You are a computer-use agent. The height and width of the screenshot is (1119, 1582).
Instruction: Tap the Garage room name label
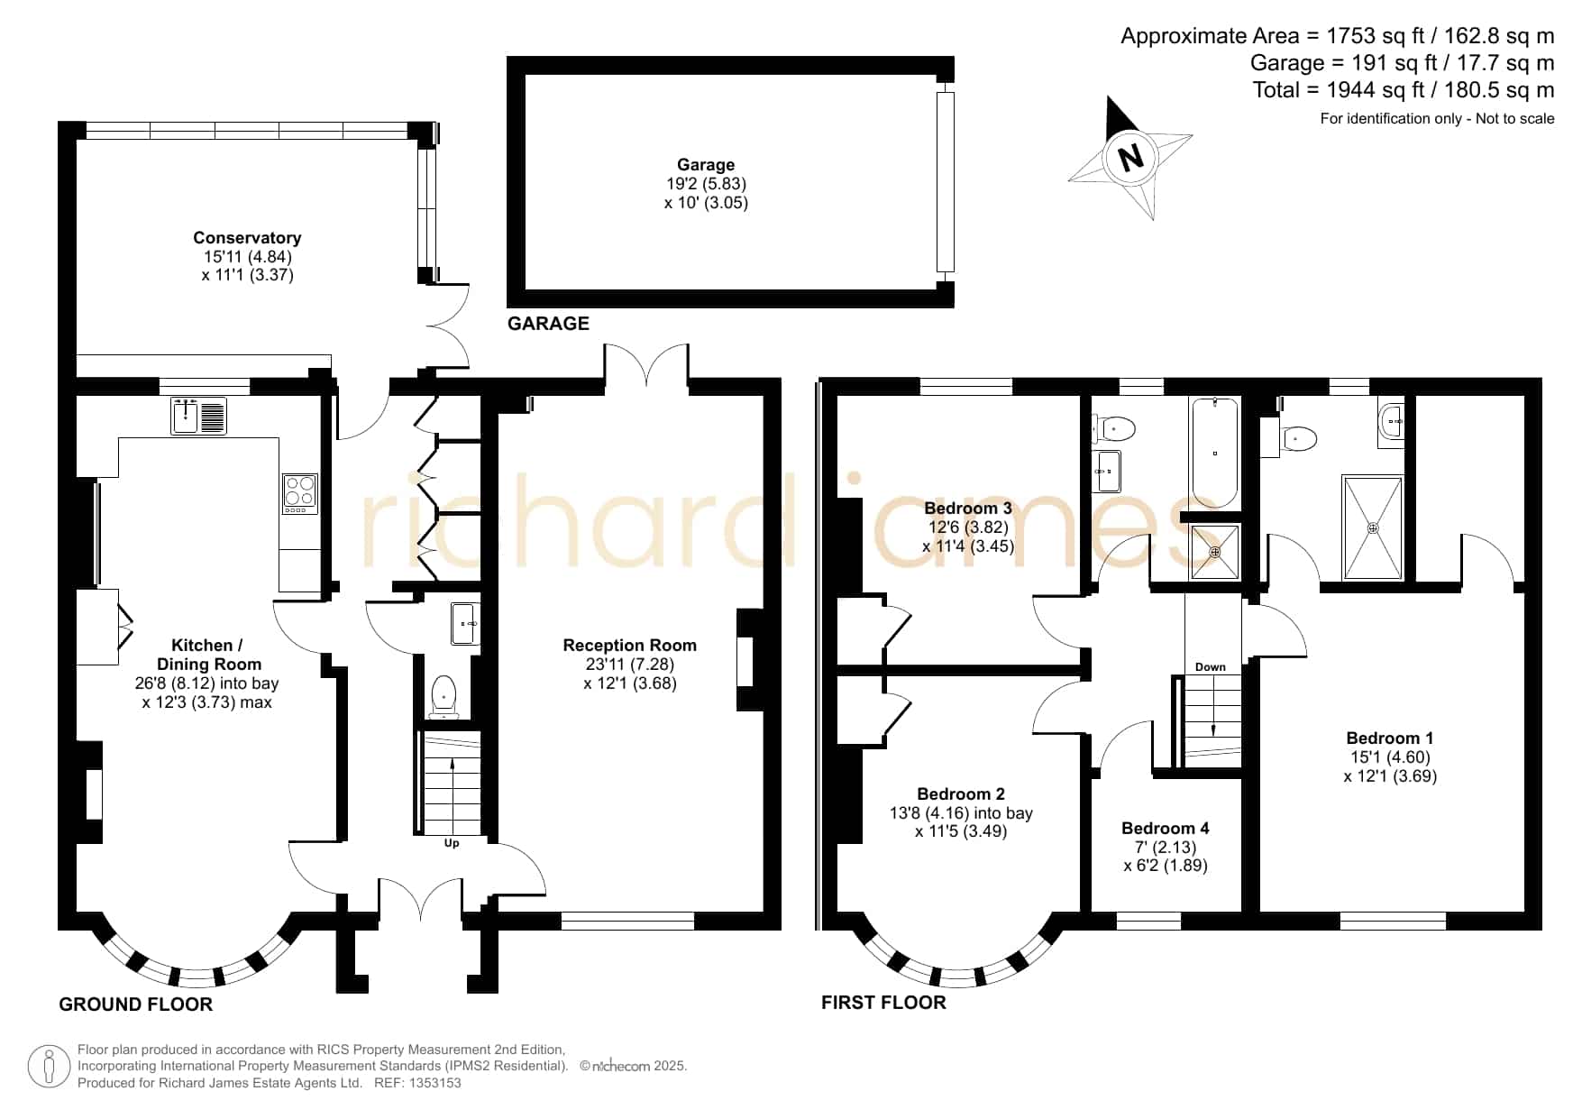tap(706, 164)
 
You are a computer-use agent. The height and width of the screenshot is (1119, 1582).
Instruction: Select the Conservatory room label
tap(247, 237)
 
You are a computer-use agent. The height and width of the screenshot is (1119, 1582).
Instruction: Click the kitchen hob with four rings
tap(300, 493)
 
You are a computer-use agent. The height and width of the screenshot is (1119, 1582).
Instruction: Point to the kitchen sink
tap(199, 415)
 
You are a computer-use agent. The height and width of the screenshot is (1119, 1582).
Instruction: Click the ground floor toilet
tap(444, 697)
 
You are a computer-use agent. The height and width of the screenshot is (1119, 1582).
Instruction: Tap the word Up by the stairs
tap(452, 843)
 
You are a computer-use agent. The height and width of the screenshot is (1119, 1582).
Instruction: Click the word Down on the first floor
tap(1211, 667)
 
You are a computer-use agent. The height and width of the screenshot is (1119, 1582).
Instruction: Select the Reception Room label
tap(630, 645)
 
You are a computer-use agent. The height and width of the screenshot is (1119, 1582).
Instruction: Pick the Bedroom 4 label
tap(1166, 828)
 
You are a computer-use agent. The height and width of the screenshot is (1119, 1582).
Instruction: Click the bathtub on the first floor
tap(1215, 452)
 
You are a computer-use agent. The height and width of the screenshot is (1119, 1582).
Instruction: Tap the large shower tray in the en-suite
tap(1373, 527)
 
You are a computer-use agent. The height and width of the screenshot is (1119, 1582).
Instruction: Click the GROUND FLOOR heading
tap(136, 1004)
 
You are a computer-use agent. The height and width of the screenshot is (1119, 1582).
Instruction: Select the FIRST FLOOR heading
tap(883, 1003)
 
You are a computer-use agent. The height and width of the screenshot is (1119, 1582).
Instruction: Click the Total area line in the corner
tap(1404, 90)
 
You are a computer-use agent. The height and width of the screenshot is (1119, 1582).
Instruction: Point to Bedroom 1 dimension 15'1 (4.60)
tap(1390, 757)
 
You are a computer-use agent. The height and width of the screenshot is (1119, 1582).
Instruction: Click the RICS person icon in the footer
tap(49, 1067)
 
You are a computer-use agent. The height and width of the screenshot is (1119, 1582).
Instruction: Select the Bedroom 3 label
tap(968, 508)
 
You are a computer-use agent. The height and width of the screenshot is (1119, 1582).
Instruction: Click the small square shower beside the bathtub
tap(1215, 552)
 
